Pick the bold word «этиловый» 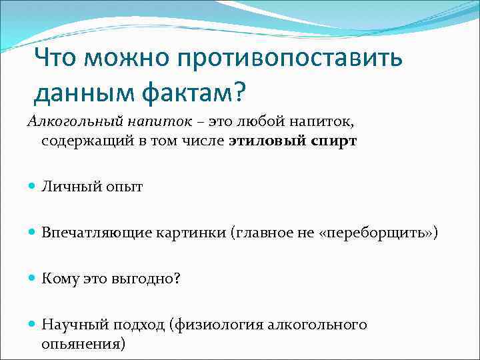click(263, 141)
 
